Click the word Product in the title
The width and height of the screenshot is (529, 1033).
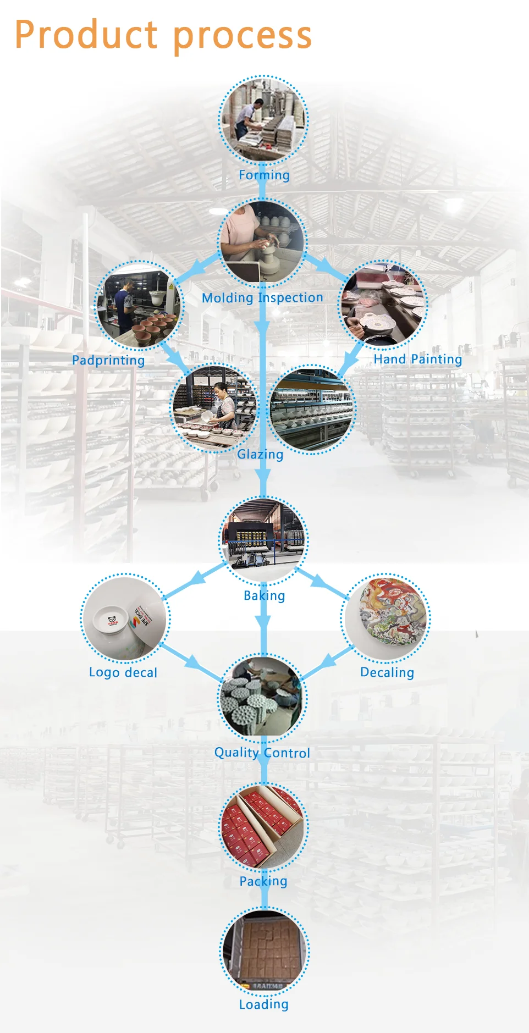coord(86,35)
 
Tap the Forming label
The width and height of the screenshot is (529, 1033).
coord(264,175)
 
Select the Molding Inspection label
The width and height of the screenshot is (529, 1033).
coord(262,297)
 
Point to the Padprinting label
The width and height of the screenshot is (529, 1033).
coord(108,361)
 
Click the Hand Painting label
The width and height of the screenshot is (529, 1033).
coord(417,359)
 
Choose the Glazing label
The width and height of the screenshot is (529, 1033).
coord(260,454)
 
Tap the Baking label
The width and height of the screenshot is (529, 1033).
coord(264,595)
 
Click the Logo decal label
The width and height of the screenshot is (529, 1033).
coord(123,672)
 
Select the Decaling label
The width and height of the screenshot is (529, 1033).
coord(387,672)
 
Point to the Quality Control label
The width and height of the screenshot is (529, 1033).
coord(262,753)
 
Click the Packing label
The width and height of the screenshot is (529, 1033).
coord(263,881)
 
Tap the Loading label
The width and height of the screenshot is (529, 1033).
coord(263,1004)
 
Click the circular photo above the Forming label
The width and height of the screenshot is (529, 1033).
coord(263,120)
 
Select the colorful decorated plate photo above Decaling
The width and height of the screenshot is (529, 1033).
coord(386,618)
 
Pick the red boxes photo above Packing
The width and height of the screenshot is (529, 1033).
coord(263,827)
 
